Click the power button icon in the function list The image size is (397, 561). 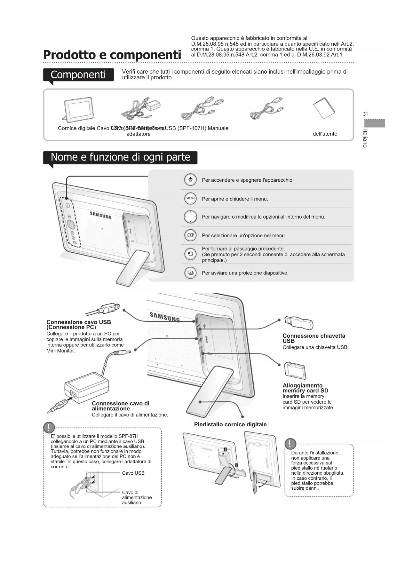pyautogui.click(x=190, y=180)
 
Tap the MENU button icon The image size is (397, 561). pyautogui.click(x=190, y=199)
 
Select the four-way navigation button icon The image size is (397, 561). pyautogui.click(x=190, y=217)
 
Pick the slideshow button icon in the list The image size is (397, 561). pyautogui.click(x=190, y=273)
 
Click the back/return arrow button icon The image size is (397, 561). pyautogui.click(x=190, y=254)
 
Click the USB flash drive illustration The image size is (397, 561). pyautogui.click(x=298, y=322)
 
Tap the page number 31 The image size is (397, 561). pyautogui.click(x=366, y=114)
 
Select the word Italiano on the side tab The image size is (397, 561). pyautogui.click(x=365, y=138)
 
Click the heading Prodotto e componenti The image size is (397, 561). pyautogui.click(x=112, y=55)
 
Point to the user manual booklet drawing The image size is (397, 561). pyautogui.click(x=324, y=107)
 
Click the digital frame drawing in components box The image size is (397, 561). pyautogui.click(x=78, y=109)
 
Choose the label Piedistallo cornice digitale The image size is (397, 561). pyautogui.click(x=230, y=424)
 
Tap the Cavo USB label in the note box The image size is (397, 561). pyautogui.click(x=133, y=473)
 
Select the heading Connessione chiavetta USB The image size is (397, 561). pyautogui.click(x=314, y=338)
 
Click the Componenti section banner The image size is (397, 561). pyautogui.click(x=78, y=75)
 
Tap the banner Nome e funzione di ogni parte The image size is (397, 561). pyautogui.click(x=120, y=157)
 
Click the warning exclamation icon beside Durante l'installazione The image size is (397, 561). pyautogui.click(x=290, y=444)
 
